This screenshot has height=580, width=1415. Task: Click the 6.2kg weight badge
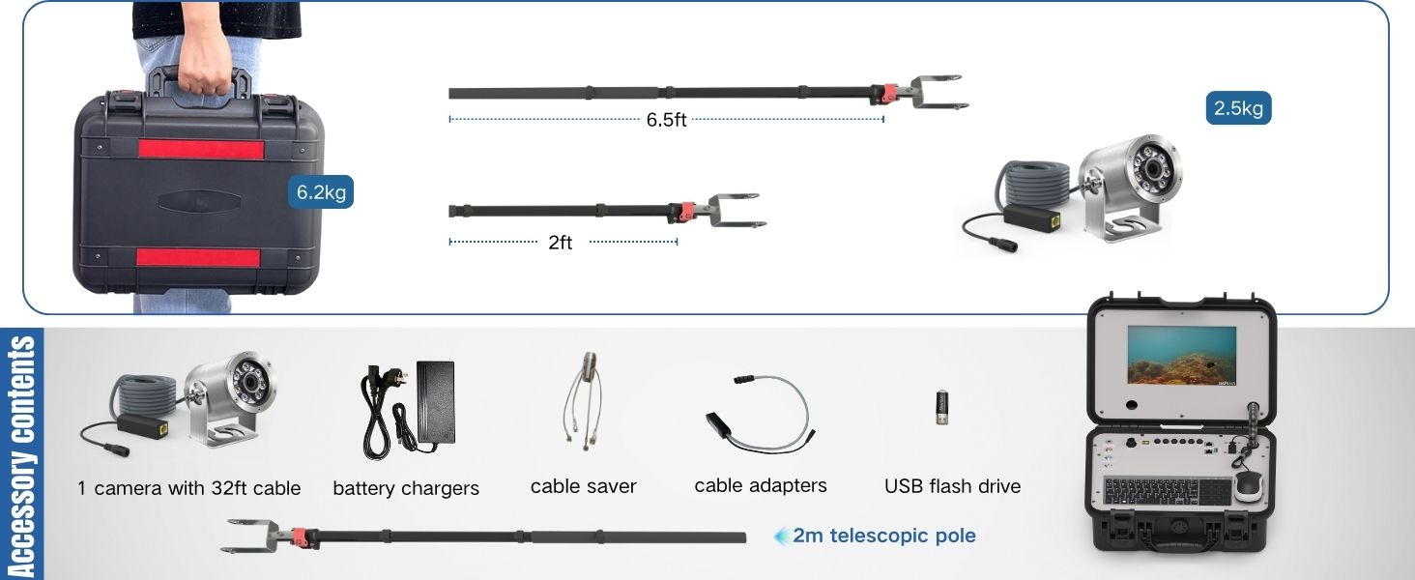tap(321, 191)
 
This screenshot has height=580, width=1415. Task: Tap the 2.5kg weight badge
tap(1238, 108)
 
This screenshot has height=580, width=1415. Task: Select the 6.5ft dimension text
tap(666, 120)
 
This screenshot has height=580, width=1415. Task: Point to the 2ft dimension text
tap(560, 243)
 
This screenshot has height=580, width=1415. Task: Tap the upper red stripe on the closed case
tap(200, 150)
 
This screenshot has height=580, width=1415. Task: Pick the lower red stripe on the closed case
tap(198, 257)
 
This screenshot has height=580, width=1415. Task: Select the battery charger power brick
tap(435, 401)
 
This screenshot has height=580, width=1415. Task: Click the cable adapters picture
tap(759, 416)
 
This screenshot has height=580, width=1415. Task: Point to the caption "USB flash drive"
tap(952, 486)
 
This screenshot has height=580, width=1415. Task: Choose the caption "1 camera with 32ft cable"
tap(189, 488)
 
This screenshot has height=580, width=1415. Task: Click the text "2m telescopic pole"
tap(884, 536)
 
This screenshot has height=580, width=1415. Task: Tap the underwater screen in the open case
tap(1181, 356)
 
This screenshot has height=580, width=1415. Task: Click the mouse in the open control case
tap(1248, 482)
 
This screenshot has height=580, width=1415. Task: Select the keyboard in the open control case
tap(1167, 491)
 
